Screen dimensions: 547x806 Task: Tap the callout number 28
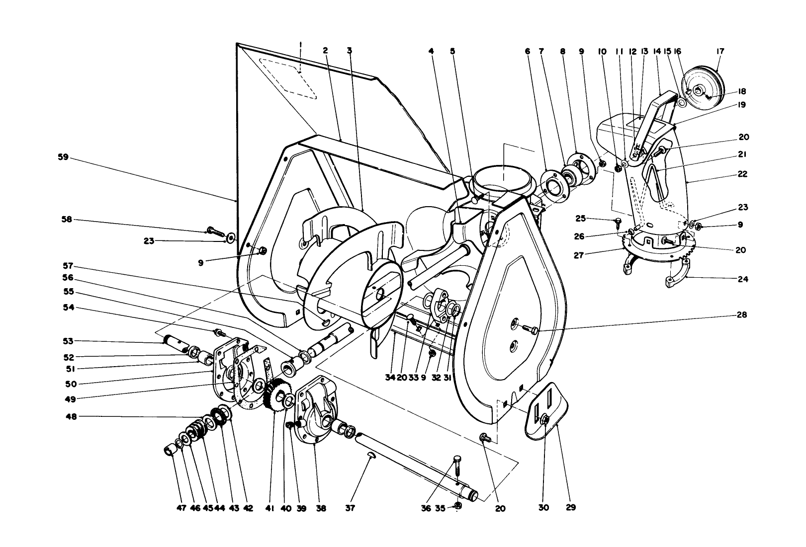[x=742, y=315]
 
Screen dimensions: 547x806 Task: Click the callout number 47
[x=180, y=508]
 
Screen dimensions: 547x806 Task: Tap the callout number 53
[x=68, y=341]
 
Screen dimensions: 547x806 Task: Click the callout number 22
[x=742, y=174]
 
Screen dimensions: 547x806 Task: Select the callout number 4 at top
[x=431, y=51]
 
